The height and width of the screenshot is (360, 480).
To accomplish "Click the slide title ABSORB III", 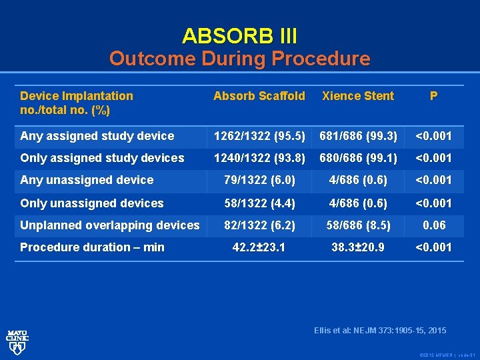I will click(239, 35).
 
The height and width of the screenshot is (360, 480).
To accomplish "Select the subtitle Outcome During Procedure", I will click(239, 59).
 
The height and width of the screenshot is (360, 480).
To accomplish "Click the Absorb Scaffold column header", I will click(259, 96).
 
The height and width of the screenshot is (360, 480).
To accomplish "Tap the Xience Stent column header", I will click(358, 96).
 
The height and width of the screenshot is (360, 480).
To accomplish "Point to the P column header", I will click(433, 96).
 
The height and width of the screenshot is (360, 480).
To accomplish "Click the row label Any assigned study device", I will click(97, 136).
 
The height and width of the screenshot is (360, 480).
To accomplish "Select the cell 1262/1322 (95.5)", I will click(259, 136).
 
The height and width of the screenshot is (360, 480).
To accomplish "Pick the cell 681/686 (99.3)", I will click(358, 136).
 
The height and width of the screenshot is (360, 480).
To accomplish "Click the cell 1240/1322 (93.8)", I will click(259, 158).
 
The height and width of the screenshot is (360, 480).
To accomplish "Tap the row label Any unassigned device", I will click(87, 180).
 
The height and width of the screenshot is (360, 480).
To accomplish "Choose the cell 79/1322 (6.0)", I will click(259, 180).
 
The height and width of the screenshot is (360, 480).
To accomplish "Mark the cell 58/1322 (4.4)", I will click(259, 203).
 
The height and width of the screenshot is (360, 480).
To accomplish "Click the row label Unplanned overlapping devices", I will click(110, 225).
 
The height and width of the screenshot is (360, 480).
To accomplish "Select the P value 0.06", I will click(433, 225).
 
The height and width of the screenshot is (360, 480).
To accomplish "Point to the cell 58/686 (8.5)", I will click(358, 225).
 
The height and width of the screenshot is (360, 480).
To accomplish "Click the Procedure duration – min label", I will click(92, 247).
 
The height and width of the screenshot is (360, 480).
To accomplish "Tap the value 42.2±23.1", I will click(259, 247).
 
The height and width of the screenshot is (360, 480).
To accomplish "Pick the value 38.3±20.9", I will click(358, 247).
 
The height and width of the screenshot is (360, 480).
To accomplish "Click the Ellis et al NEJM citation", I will click(380, 331).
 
